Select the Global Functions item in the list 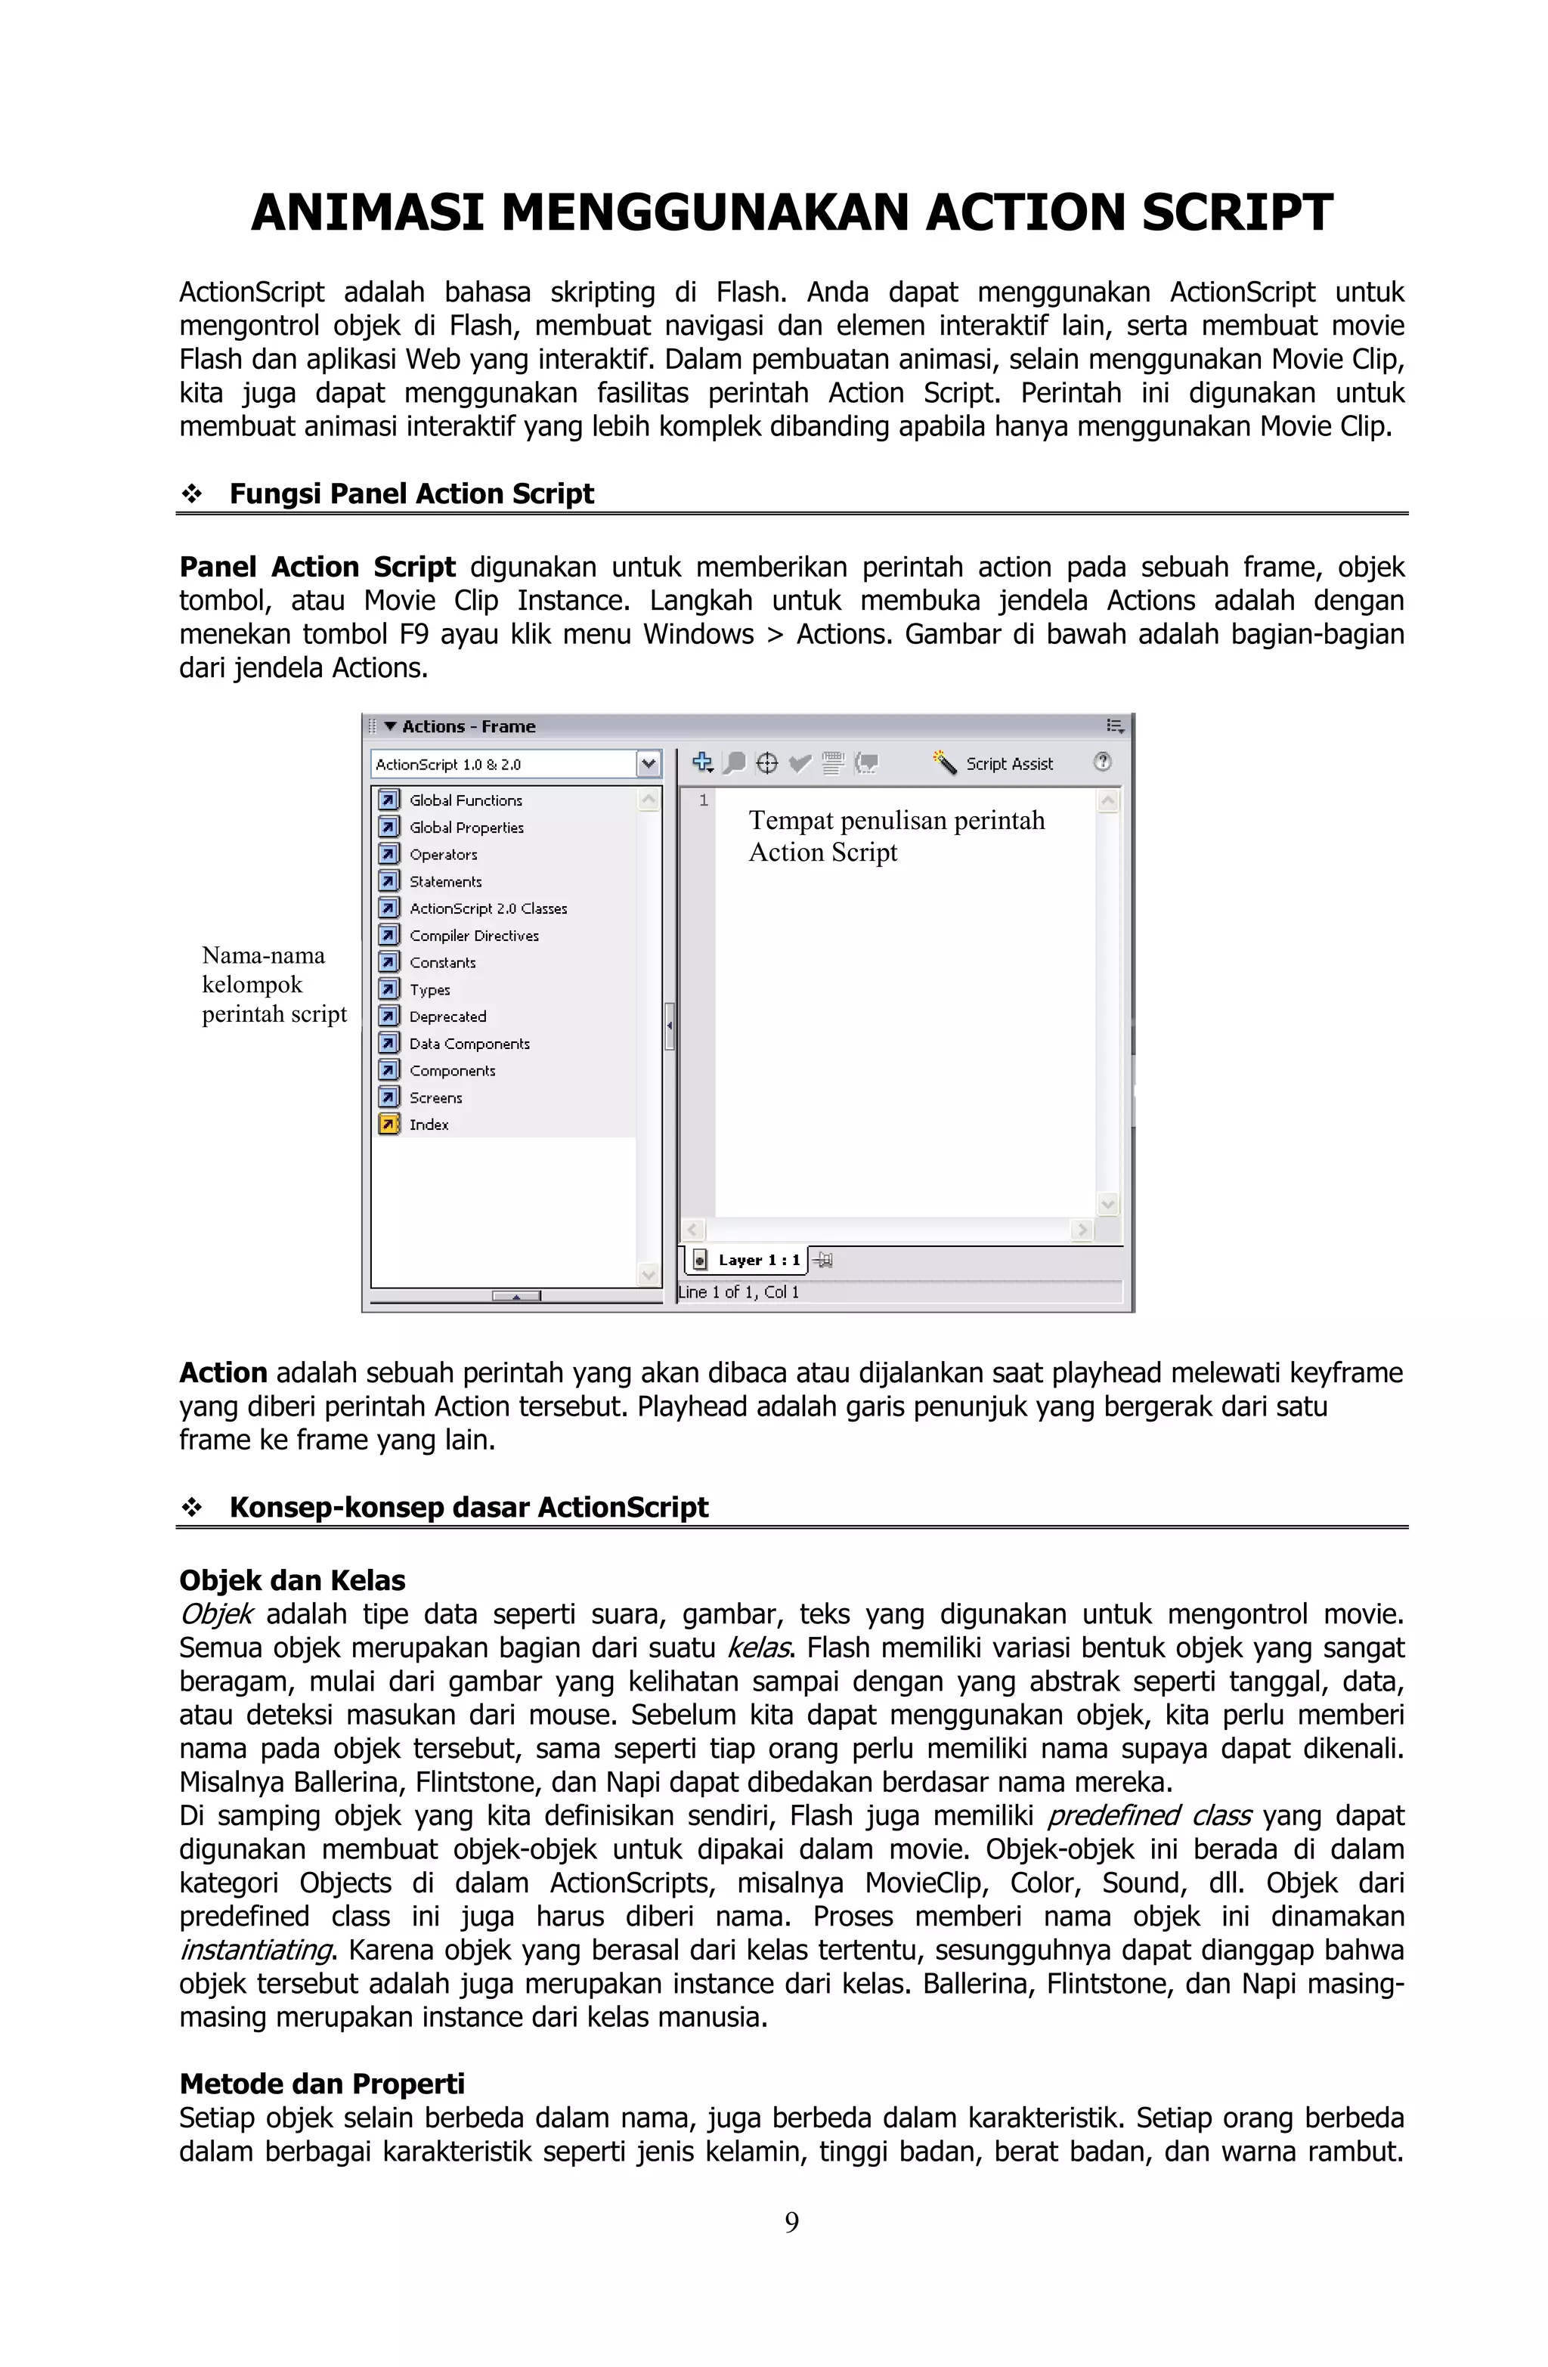[x=465, y=800]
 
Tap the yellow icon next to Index [x=389, y=1125]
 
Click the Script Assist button [x=994, y=764]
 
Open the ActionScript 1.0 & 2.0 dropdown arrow [x=649, y=764]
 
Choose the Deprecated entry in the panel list [x=447, y=1016]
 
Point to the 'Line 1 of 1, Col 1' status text [x=739, y=1292]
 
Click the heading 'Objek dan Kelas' [x=293, y=1580]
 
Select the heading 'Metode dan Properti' [x=322, y=2084]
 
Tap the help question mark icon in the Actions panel [x=1101, y=762]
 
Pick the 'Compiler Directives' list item [x=474, y=936]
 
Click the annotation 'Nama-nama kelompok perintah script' [x=274, y=985]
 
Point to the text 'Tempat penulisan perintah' [x=896, y=821]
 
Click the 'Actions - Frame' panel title [x=468, y=727]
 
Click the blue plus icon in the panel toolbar [x=702, y=763]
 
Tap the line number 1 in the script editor [x=704, y=800]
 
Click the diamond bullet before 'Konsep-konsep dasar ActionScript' [x=192, y=1508]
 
